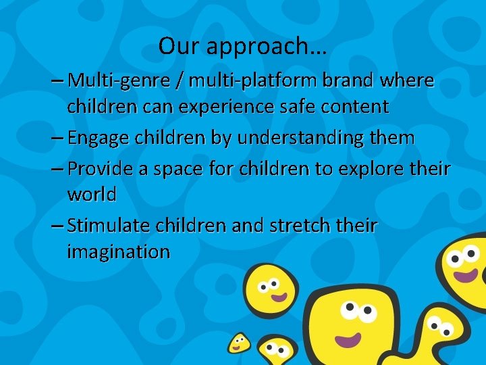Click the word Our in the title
click(x=176, y=46)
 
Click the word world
click(x=91, y=195)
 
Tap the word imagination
click(x=118, y=252)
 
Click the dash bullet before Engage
click(x=57, y=139)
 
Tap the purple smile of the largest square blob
click(x=346, y=338)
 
